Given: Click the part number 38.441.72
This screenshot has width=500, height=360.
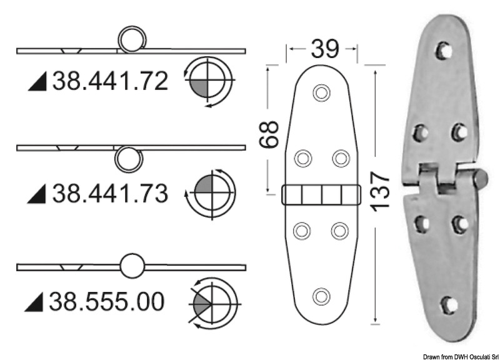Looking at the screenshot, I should coord(110,81).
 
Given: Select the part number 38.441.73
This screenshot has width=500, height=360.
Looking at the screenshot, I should coord(110,194).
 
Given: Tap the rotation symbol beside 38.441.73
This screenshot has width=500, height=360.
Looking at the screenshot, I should coord(211,193).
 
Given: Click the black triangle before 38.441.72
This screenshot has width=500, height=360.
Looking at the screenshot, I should coord(38,82).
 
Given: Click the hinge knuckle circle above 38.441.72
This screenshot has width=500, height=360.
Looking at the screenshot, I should coord(132,39).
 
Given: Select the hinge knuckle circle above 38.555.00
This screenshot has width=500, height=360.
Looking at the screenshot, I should coord(132,266).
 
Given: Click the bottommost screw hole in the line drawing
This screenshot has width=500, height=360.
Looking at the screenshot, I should coord(321,294).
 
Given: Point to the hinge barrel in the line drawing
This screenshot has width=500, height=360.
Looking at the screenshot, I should coord(321,195).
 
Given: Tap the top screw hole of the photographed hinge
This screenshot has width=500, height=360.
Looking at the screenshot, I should coord(444,51).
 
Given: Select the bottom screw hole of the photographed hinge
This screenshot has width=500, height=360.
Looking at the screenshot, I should coord(447,304).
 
